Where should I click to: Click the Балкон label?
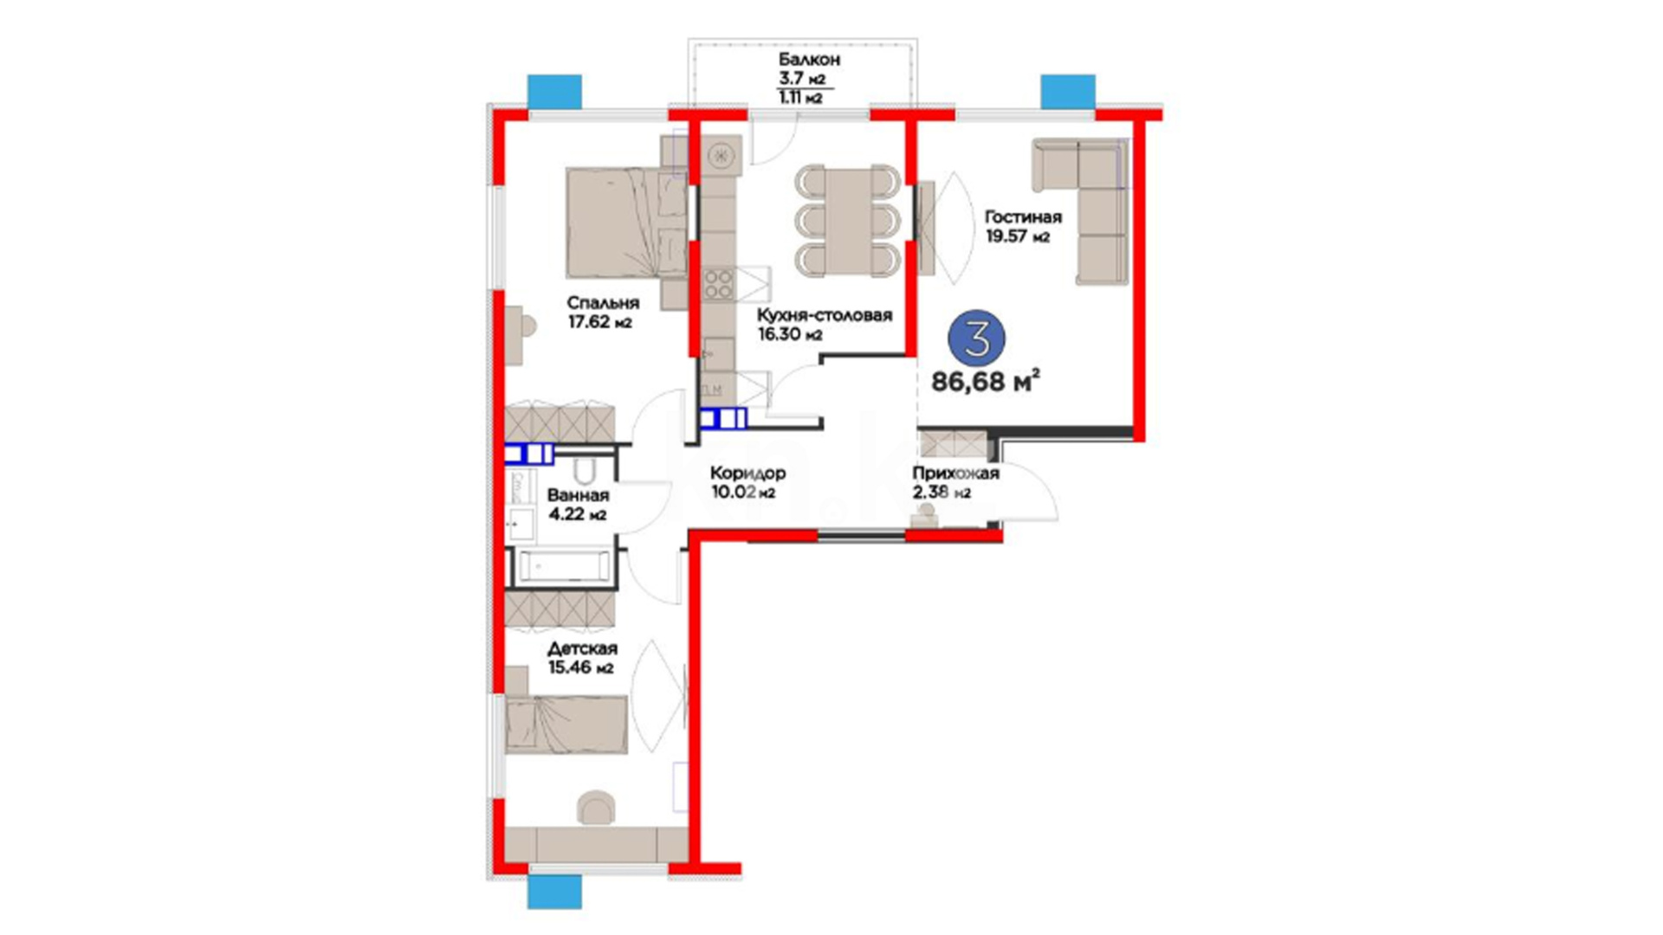coord(809,60)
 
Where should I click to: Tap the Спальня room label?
coord(603,303)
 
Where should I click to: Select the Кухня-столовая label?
coord(824,315)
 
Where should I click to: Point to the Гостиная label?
coord(1023,216)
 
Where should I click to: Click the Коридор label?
coord(747,474)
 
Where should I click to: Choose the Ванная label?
coord(578,495)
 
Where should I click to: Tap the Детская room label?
coord(582,648)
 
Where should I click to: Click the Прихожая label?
coord(955,474)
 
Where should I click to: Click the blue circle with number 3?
coord(977,339)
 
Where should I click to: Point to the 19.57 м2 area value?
coord(1018,236)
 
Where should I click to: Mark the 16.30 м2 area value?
coord(789,334)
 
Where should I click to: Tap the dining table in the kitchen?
coord(849,220)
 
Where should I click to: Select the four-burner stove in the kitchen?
coord(718,283)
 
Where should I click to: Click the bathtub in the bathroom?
coord(564,567)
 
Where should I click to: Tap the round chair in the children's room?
coord(596,807)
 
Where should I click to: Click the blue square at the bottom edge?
coord(554,892)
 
